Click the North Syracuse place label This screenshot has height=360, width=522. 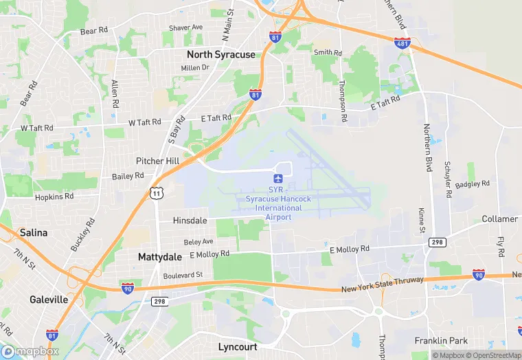pyautogui.click(x=220, y=54)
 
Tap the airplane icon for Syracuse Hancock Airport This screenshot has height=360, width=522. pyautogui.click(x=277, y=178)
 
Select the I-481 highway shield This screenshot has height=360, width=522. pyautogui.click(x=402, y=43)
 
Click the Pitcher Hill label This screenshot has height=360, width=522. pyautogui.click(x=158, y=161)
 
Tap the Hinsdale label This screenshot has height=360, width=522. pyautogui.click(x=190, y=221)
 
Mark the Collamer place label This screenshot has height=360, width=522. pyautogui.click(x=499, y=219)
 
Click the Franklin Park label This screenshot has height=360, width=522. pyautogui.click(x=441, y=341)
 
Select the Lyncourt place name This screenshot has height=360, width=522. pyautogui.click(x=238, y=347)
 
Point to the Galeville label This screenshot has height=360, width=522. pyautogui.click(x=49, y=300)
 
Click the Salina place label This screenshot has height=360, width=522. pyautogui.click(x=34, y=233)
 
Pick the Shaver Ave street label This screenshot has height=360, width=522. pyautogui.click(x=186, y=27)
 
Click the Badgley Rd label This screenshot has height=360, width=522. pyautogui.click(x=473, y=184)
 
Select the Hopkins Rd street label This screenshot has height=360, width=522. pyautogui.click(x=54, y=196)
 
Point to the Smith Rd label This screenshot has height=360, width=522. pyautogui.click(x=328, y=52)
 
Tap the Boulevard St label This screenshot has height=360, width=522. pyautogui.click(x=183, y=275)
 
